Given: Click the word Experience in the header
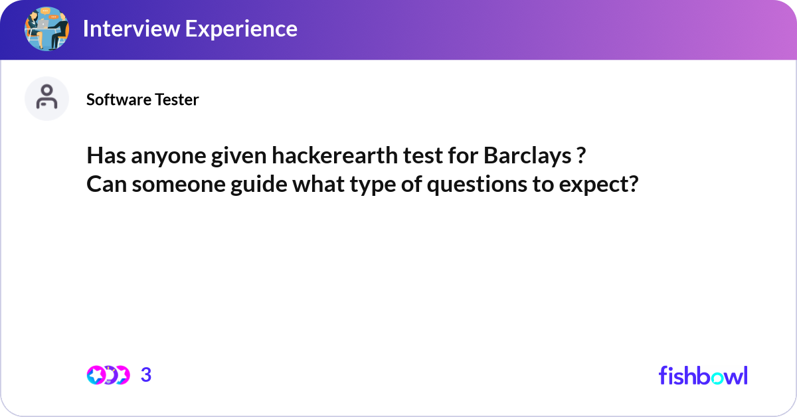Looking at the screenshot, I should click(243, 29).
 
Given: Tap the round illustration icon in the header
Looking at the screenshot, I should click(46, 29).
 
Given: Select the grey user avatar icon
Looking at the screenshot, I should click(46, 98).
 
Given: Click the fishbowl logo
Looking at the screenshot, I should click(703, 375).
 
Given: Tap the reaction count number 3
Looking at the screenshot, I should click(146, 375).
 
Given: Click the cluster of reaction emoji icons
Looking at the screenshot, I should click(108, 375).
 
